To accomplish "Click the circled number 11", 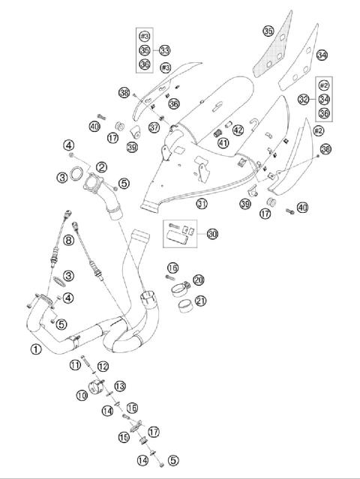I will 75,364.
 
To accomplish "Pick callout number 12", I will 103,365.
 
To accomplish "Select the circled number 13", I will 119,385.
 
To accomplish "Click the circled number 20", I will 198,280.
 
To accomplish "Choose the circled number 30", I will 213,235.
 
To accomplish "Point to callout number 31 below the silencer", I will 202,204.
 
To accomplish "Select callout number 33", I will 164,50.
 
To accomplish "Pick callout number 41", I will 223,143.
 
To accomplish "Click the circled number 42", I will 238,130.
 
